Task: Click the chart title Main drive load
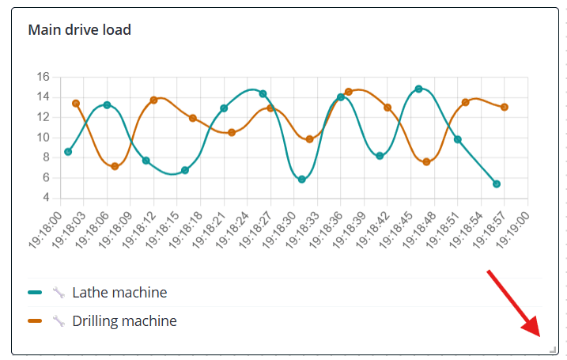click(x=79, y=30)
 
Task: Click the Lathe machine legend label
click(x=119, y=293)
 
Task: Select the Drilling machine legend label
click(x=124, y=321)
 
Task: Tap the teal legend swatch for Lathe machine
click(x=35, y=293)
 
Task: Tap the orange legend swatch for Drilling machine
click(x=35, y=321)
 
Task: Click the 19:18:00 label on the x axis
click(x=46, y=229)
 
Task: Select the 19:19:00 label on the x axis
click(x=513, y=229)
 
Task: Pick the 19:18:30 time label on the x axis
click(x=280, y=229)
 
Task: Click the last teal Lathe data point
click(x=497, y=184)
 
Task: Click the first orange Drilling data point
click(x=76, y=104)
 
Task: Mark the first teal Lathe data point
click(x=68, y=152)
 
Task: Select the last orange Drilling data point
click(x=505, y=107)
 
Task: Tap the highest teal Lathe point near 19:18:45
click(x=418, y=89)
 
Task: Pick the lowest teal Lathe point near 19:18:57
click(x=497, y=184)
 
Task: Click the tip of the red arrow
click(x=538, y=335)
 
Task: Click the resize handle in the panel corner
click(x=553, y=349)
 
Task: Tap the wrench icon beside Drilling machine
click(x=58, y=321)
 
